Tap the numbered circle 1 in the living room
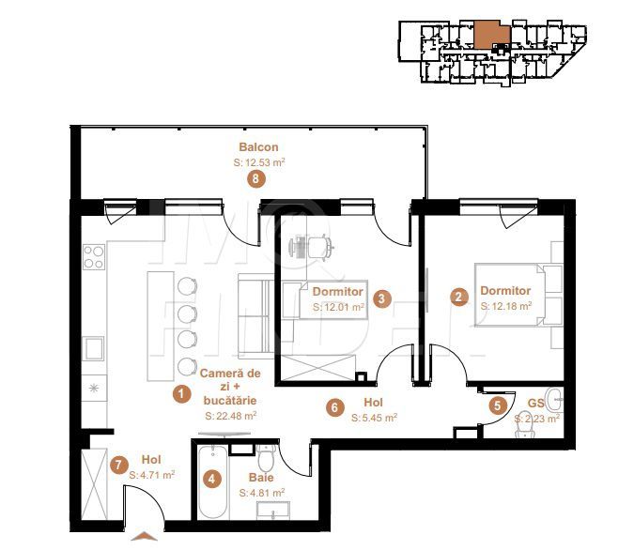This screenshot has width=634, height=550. pyautogui.click(x=180, y=395)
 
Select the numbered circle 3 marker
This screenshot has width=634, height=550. pyautogui.click(x=381, y=299)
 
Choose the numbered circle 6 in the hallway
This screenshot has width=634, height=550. pyautogui.click(x=334, y=407)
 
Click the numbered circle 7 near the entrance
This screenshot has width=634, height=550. pyautogui.click(x=118, y=464)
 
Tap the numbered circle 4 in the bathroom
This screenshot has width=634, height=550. pyautogui.click(x=212, y=479)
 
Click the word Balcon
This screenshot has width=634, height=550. pyautogui.click(x=258, y=147)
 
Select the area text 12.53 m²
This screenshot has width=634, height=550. pyautogui.click(x=259, y=162)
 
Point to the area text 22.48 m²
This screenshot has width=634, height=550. pyautogui.click(x=231, y=415)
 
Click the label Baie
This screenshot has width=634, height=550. pyautogui.click(x=262, y=478)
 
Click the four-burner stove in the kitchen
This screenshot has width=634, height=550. pyautogui.click(x=95, y=256)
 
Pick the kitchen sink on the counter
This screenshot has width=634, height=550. pyautogui.click(x=95, y=349)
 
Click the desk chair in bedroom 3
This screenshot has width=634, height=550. pyautogui.click(x=320, y=245)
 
